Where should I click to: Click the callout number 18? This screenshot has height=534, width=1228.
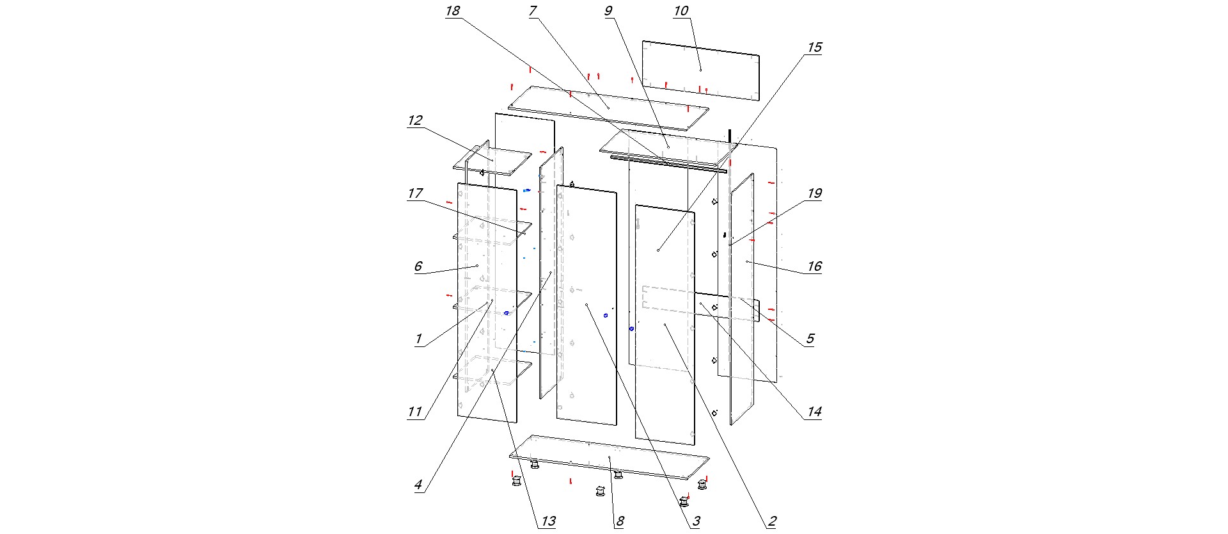pos(453,12)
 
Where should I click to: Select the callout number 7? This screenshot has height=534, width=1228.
pos(532,12)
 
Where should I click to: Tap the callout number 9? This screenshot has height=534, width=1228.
pos(608,11)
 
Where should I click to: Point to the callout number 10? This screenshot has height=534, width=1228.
pos(681,12)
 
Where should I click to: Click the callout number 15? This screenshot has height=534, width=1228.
pos(814,47)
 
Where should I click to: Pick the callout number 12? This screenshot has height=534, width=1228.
pos(415,120)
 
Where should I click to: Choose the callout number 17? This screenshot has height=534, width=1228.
pos(415,193)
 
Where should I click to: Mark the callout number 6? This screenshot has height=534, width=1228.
pos(418,266)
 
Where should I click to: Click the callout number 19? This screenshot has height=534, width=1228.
pos(814,193)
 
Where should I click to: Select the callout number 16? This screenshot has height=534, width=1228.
pos(814,266)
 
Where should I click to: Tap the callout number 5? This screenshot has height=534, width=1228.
pos(810,339)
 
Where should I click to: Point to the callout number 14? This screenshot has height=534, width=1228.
pos(814,412)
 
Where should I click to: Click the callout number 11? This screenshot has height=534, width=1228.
pos(415,412)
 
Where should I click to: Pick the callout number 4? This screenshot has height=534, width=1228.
pos(418,485)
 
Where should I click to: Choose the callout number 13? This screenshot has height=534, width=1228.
pos(548,521)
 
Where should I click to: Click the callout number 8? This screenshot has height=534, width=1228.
pos(619,521)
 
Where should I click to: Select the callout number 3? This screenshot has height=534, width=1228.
pos(696,521)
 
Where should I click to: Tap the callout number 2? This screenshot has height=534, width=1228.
pos(772,521)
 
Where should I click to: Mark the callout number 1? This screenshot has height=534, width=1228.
pos(419,339)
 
